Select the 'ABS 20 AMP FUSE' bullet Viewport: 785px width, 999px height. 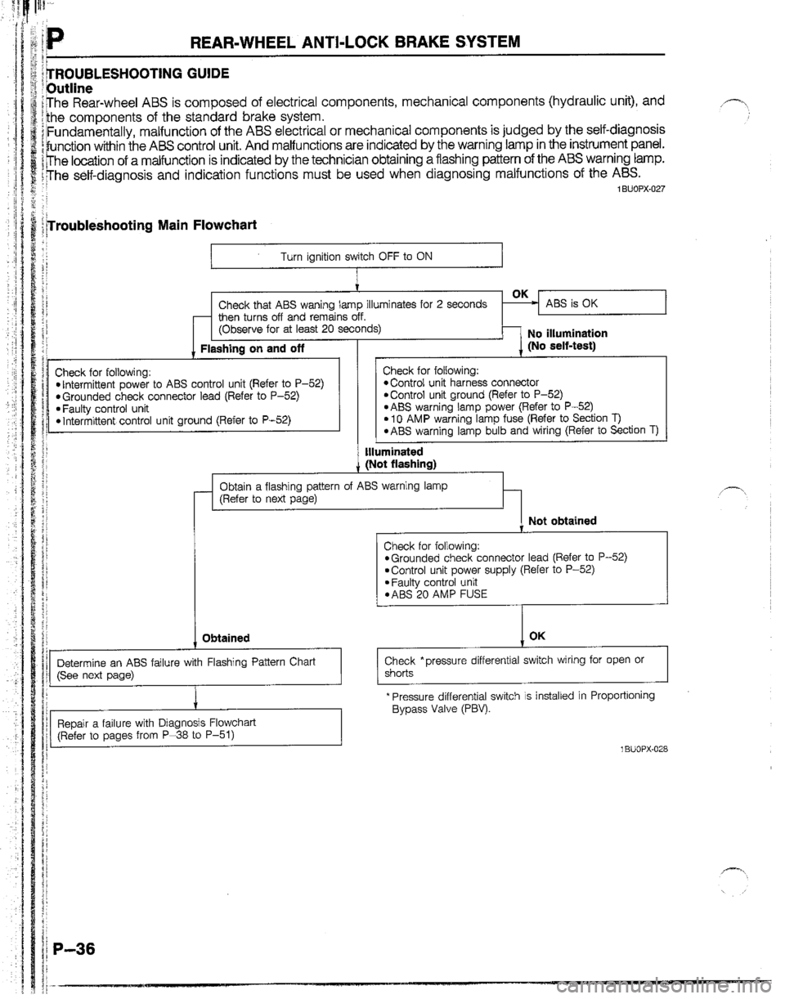pyautogui.click(x=440, y=594)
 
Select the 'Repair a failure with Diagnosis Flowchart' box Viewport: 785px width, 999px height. pyautogui.click(x=195, y=727)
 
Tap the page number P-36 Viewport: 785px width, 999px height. pyautogui.click(x=74, y=943)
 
